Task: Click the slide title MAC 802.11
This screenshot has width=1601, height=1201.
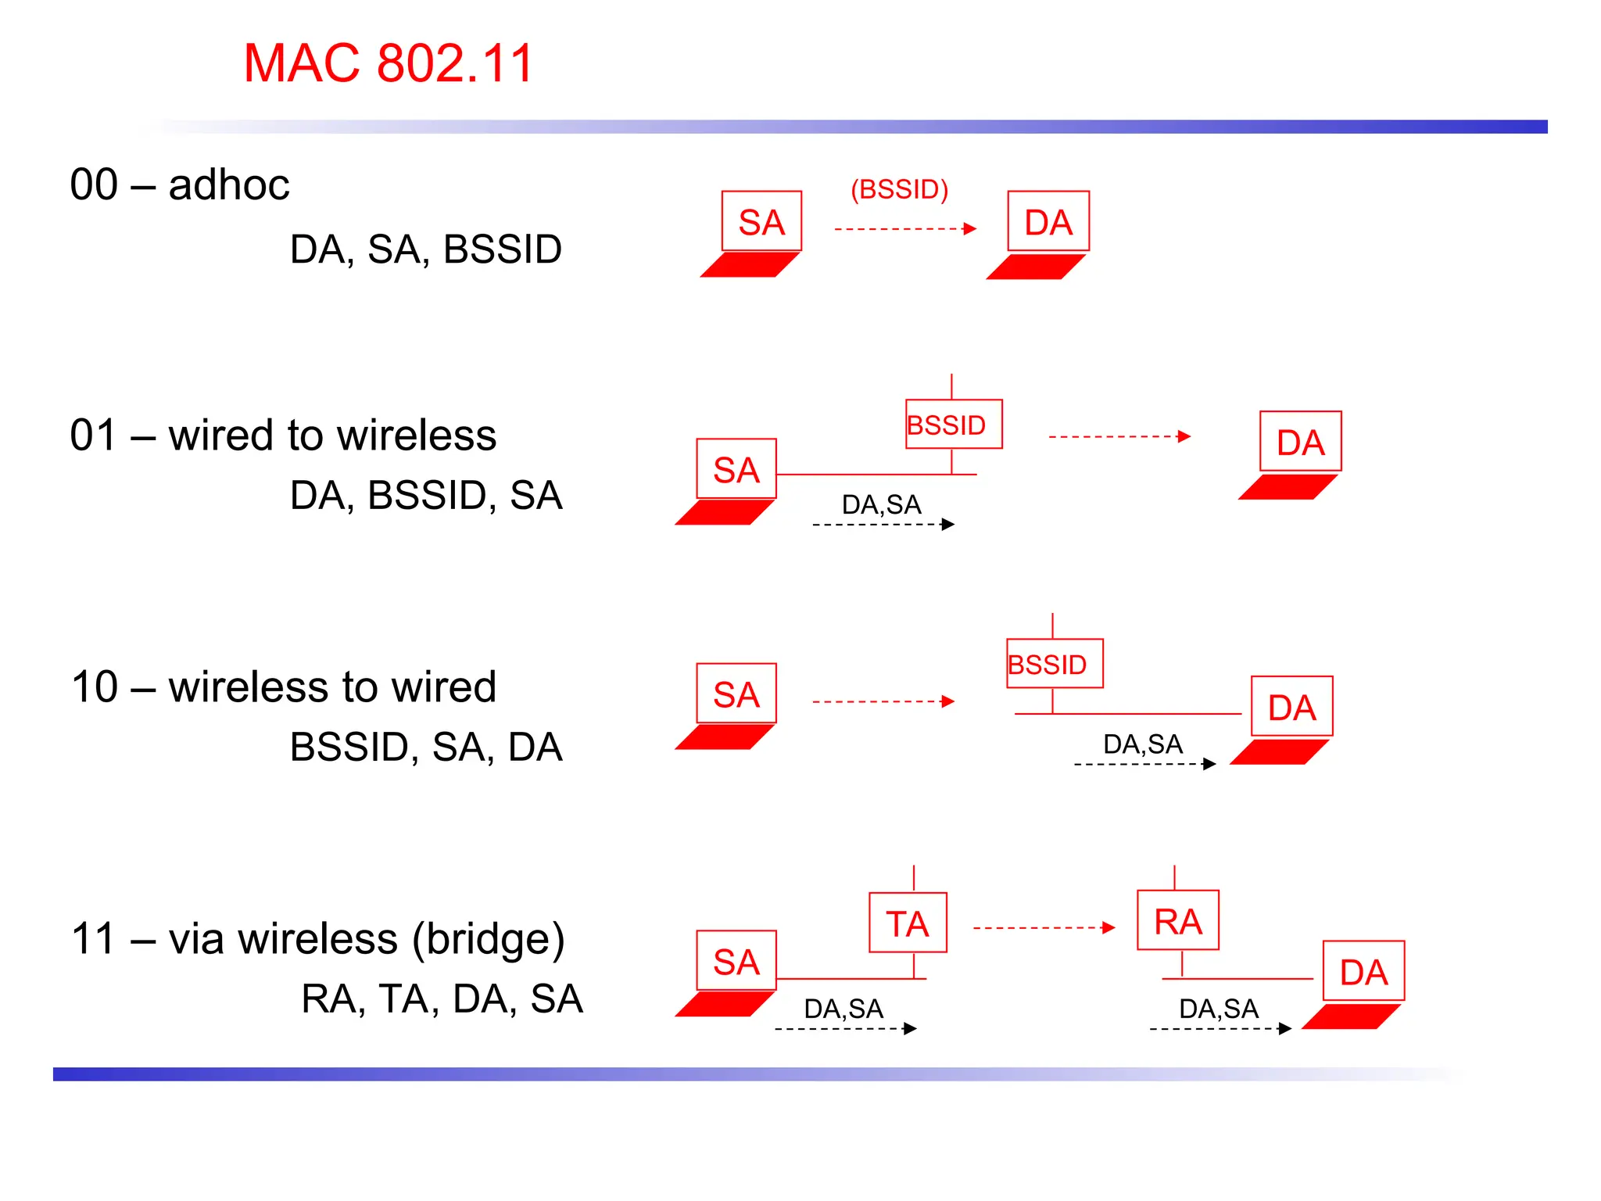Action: click(389, 63)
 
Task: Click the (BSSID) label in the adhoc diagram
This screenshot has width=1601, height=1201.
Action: click(899, 189)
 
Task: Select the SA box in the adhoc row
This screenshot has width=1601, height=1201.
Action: click(761, 222)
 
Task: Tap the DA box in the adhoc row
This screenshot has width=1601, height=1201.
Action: click(1048, 222)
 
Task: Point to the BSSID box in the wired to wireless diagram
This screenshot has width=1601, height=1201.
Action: click(953, 425)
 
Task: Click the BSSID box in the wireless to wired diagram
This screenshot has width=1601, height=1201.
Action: click(1054, 664)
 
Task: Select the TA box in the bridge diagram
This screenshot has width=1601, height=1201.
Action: click(908, 923)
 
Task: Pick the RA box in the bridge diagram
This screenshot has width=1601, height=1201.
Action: click(1177, 921)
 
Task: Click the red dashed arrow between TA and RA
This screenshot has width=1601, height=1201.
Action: click(1043, 928)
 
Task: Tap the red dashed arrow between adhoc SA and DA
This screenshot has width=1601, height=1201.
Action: click(904, 229)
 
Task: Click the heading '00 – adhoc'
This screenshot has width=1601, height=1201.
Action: click(180, 185)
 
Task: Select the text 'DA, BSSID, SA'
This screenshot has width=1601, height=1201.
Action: click(426, 496)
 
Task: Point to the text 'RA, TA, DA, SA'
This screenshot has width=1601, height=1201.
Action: click(442, 998)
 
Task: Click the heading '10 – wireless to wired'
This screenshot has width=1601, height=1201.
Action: click(284, 687)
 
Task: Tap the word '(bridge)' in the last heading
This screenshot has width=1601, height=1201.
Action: click(489, 939)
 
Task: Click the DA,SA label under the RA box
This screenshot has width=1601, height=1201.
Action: click(1218, 1009)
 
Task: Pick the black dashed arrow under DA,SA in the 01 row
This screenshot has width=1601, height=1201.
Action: click(883, 525)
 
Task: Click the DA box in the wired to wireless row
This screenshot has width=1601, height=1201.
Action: click(1300, 443)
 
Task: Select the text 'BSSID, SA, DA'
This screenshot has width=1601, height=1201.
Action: click(426, 747)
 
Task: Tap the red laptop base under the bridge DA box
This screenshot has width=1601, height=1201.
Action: click(1350, 1017)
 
